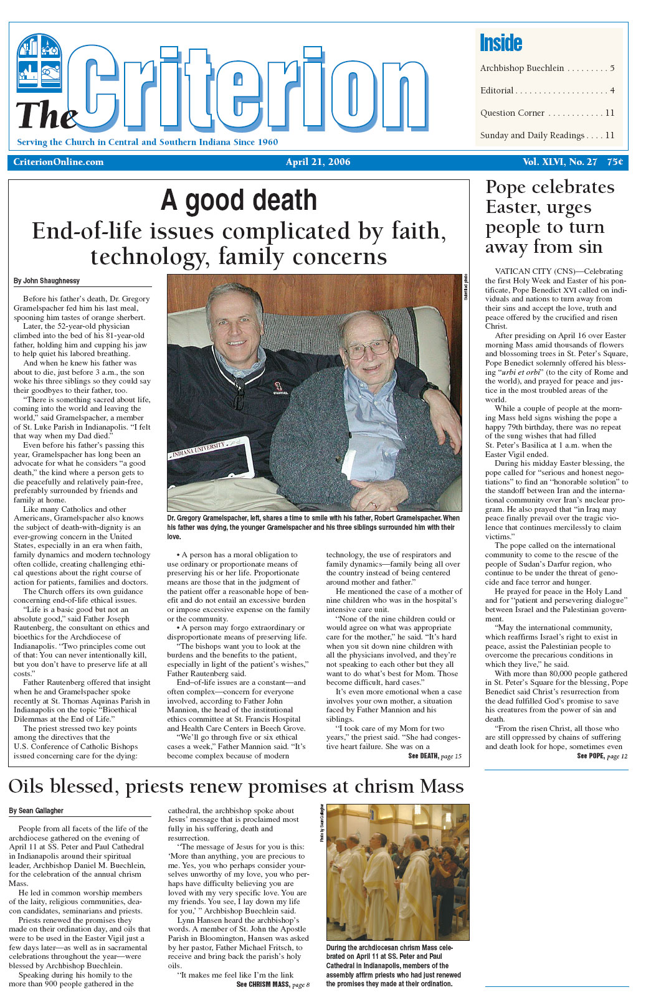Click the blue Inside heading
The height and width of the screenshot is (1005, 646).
(501, 43)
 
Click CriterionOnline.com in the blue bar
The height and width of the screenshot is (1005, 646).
(59, 162)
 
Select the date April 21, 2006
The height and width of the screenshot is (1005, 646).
(318, 162)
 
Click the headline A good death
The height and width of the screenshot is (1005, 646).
(239, 201)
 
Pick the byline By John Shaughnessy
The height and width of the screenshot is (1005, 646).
(47, 281)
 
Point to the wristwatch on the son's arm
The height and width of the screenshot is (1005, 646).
(429, 391)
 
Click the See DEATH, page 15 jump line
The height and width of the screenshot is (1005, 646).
(434, 756)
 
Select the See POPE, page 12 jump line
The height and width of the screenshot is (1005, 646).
(602, 756)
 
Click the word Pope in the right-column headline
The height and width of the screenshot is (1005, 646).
(506, 187)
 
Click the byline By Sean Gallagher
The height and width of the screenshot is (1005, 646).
(36, 811)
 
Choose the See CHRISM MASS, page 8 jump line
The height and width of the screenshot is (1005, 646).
(273, 984)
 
